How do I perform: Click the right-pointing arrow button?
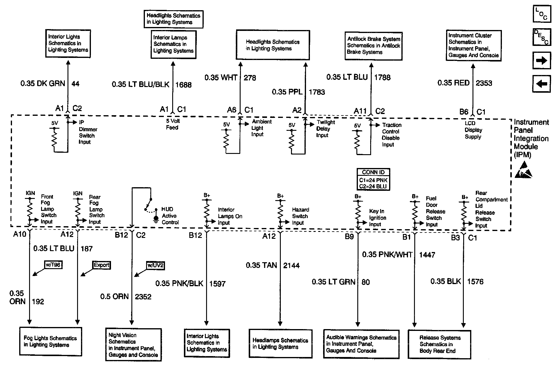click(x=541, y=61)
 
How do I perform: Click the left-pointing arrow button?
click(x=541, y=84)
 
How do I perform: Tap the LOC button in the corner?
click(x=541, y=14)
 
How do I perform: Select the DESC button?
click(x=541, y=37)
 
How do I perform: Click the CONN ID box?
click(x=373, y=179)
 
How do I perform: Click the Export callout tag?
click(x=101, y=265)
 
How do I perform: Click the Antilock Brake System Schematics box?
click(x=373, y=46)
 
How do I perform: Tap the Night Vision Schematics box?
click(x=133, y=344)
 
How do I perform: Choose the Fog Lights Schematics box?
click(x=50, y=341)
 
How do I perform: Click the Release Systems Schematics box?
click(x=439, y=344)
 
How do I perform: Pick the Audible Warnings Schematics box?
click(x=361, y=344)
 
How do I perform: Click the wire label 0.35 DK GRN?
click(x=43, y=83)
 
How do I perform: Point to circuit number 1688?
click(x=183, y=85)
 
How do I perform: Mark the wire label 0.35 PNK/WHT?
click(x=387, y=254)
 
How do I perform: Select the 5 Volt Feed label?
click(x=173, y=124)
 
